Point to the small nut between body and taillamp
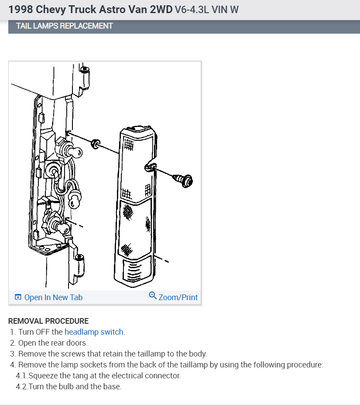click(95, 144)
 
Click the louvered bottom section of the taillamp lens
click(136, 271)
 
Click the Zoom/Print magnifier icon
click(153, 296)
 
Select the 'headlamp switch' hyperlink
click(94, 332)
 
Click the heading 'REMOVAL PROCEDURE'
click(48, 321)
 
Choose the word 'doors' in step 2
click(77, 343)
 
